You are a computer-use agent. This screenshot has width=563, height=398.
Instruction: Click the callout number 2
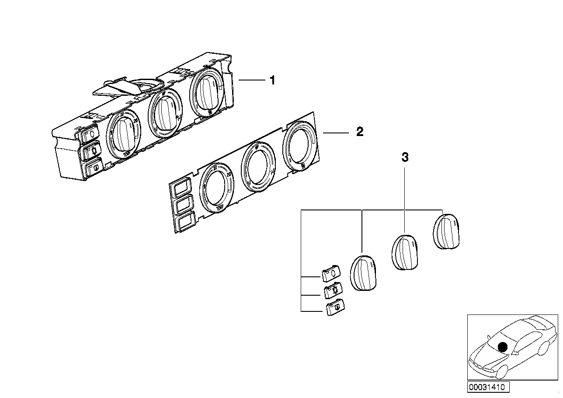click(x=359, y=132)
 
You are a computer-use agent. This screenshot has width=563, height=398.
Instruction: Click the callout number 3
click(x=405, y=157)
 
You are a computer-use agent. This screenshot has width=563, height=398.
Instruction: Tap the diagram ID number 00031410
click(x=487, y=388)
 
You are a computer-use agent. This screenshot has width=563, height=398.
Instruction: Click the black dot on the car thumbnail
click(x=503, y=347)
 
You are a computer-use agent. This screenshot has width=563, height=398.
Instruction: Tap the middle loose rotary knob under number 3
click(x=405, y=251)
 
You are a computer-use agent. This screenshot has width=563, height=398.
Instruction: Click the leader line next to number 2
click(x=336, y=132)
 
